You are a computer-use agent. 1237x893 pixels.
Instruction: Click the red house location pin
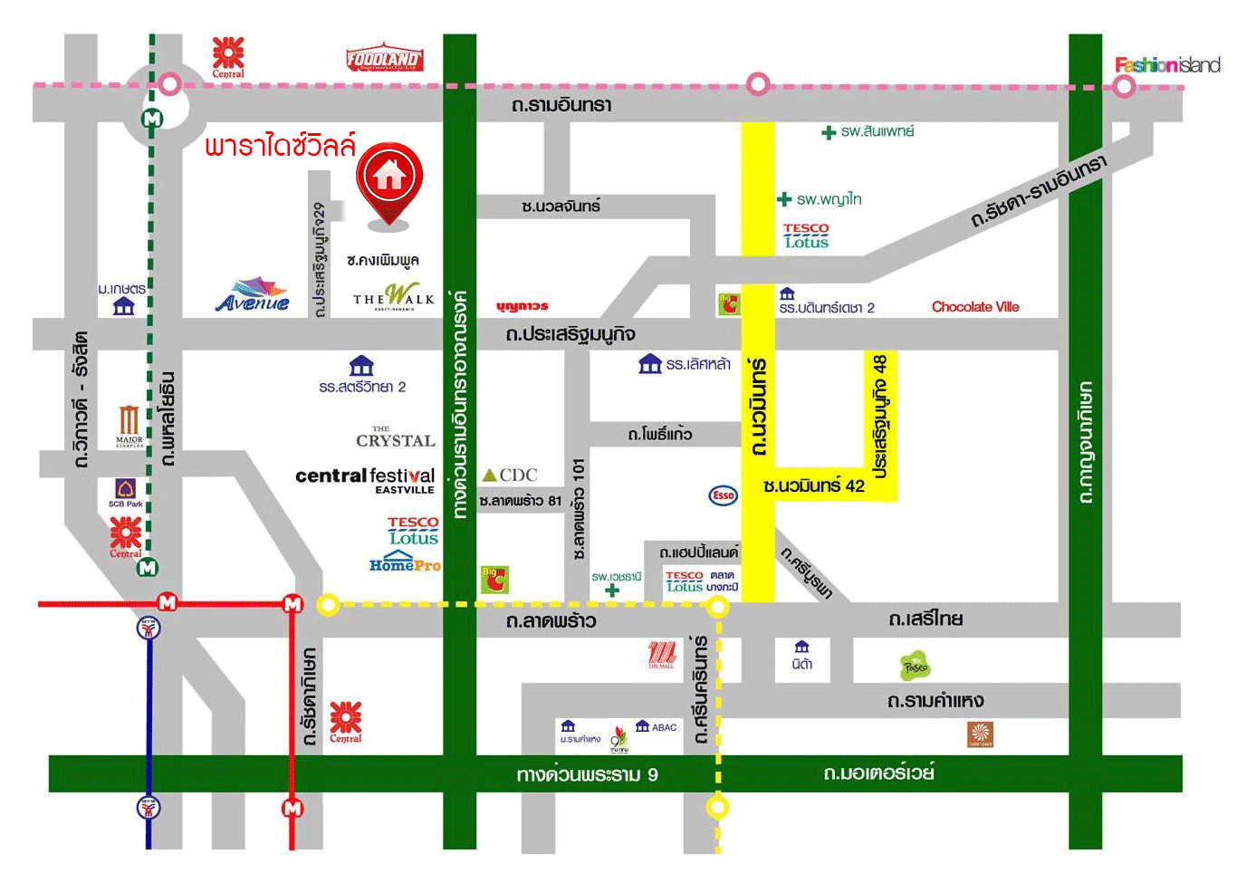click(389, 178)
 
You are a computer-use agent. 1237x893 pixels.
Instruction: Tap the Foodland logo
click(384, 59)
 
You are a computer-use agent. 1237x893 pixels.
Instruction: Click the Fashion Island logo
click(1166, 64)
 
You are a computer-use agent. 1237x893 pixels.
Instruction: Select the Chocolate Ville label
click(975, 307)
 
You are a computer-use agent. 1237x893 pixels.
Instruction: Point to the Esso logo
click(723, 495)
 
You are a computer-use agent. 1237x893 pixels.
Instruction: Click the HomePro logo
click(405, 562)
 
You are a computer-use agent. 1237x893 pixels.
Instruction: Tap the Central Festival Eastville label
click(365, 479)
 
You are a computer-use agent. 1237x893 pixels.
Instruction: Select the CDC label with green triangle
click(510, 475)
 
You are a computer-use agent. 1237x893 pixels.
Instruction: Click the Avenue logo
click(254, 295)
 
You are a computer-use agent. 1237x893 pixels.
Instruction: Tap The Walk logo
click(394, 297)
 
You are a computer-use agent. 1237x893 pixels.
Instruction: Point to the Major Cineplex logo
click(129, 426)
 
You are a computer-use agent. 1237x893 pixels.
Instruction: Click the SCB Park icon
click(126, 492)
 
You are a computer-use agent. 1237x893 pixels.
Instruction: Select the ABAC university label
click(657, 726)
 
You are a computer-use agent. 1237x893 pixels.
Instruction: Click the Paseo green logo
click(915, 667)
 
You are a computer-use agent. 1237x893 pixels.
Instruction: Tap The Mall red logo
click(662, 654)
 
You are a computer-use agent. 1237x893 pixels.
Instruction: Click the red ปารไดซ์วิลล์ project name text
click(280, 146)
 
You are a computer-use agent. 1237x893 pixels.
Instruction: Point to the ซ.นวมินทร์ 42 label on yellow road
click(813, 486)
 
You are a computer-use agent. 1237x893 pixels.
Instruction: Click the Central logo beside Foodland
click(228, 57)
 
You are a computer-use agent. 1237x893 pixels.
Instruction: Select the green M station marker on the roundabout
click(152, 119)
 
